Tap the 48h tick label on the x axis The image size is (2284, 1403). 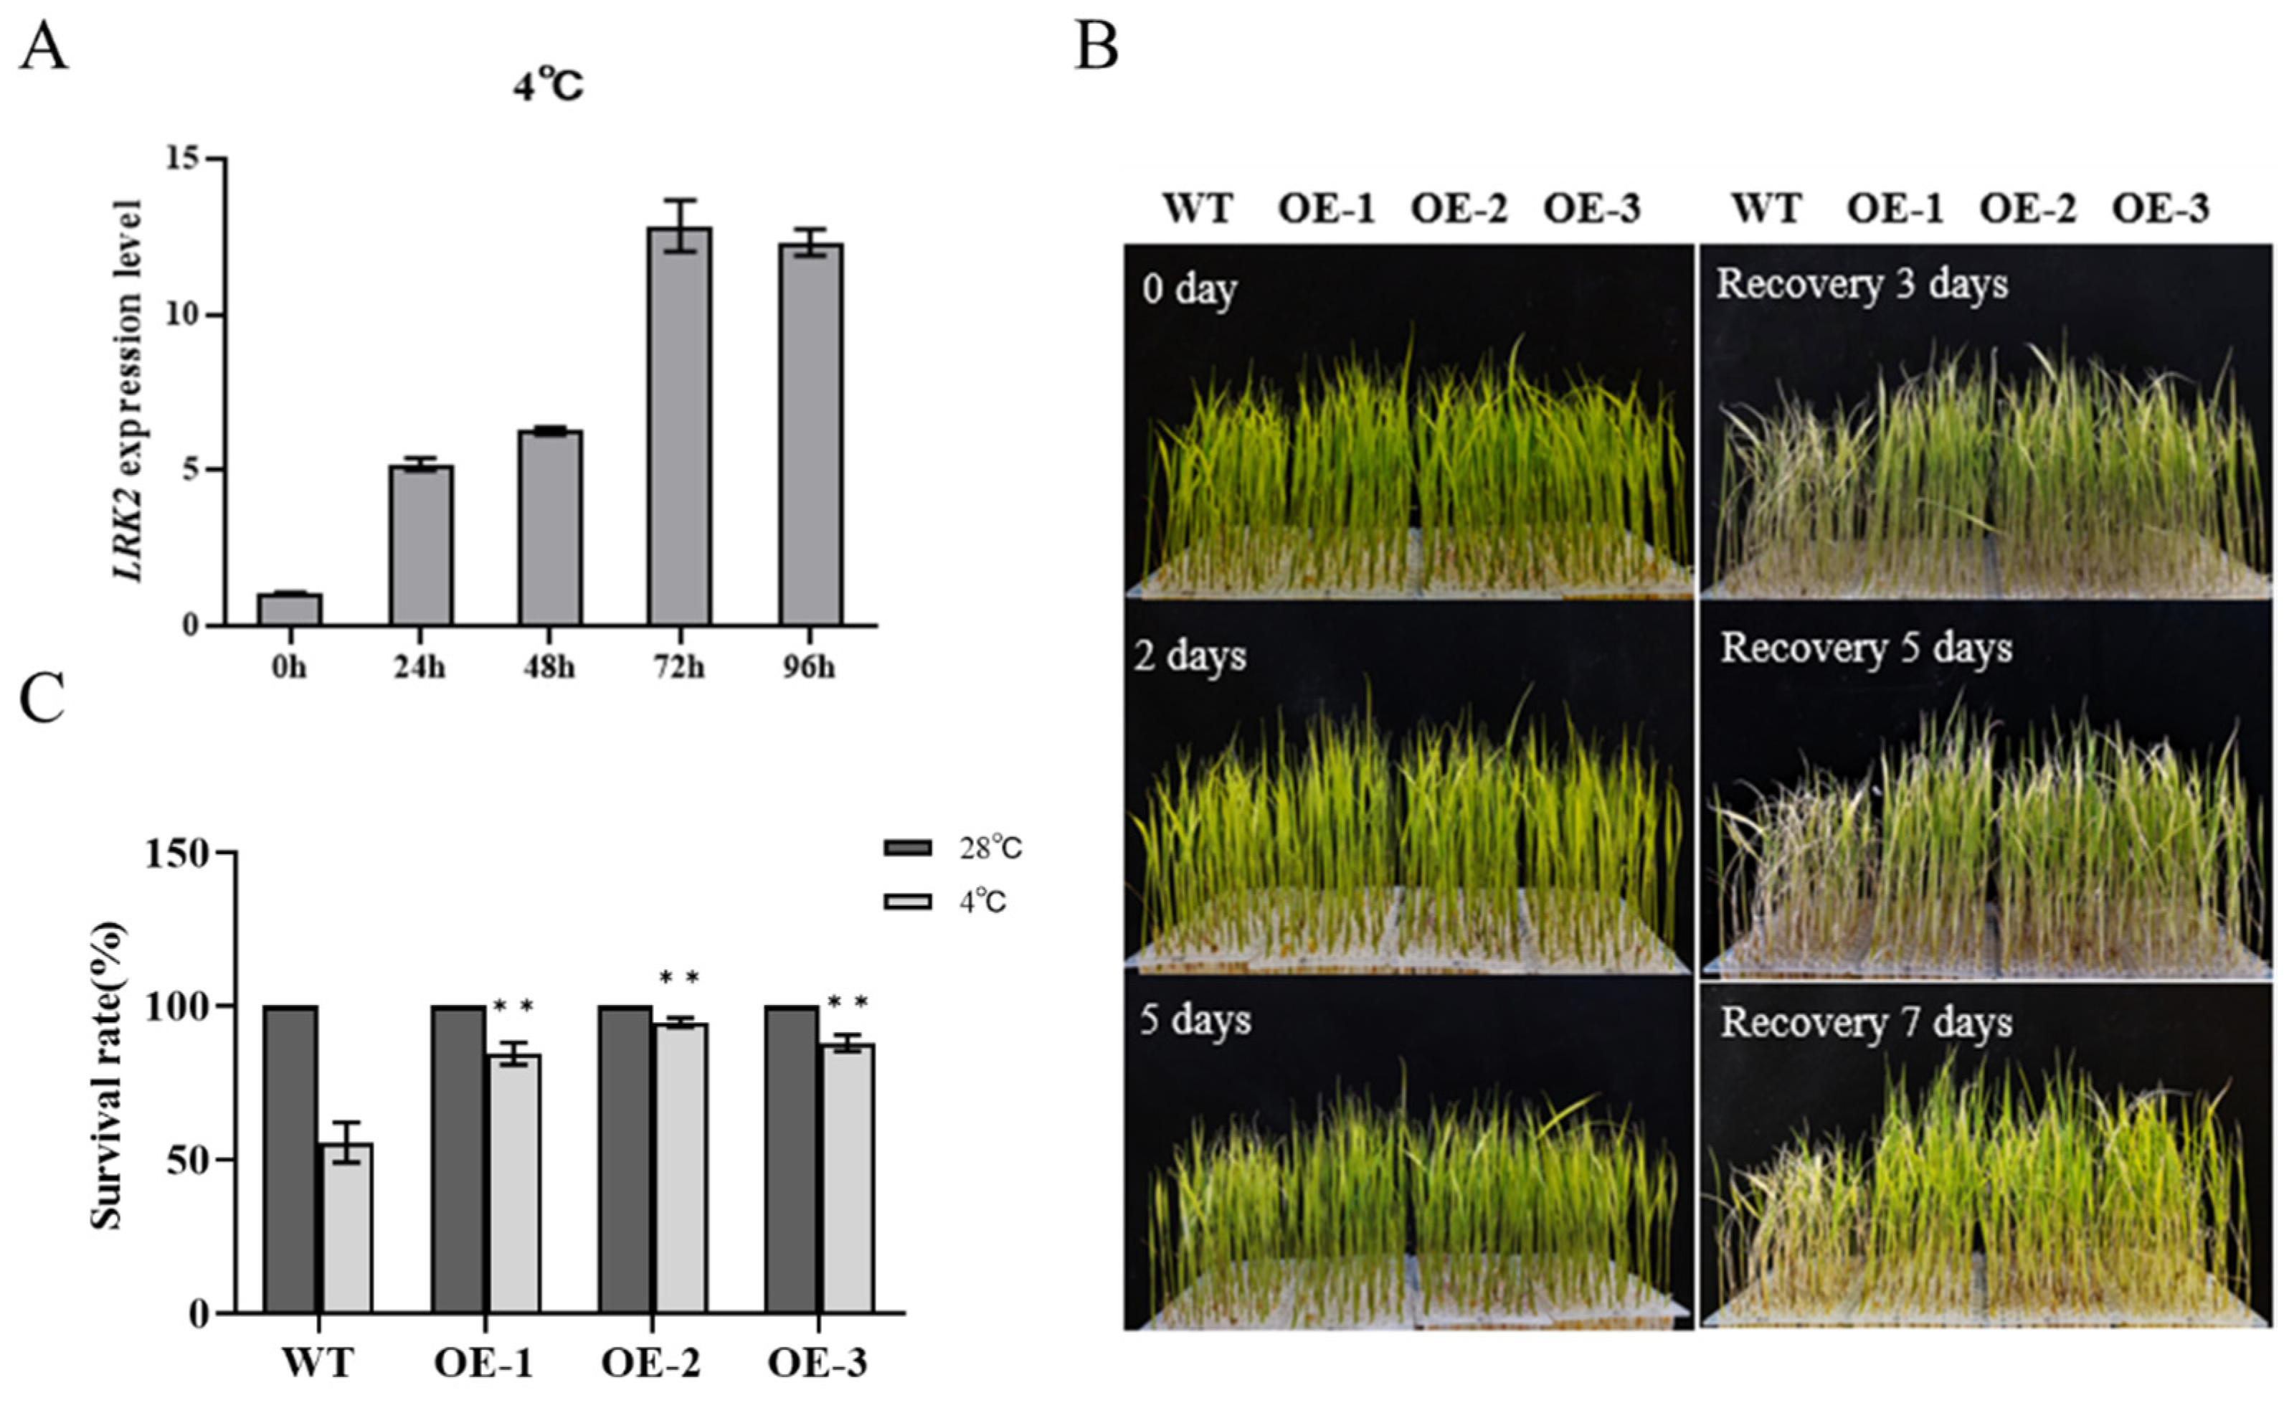549,667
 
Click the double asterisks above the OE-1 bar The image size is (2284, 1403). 513,1006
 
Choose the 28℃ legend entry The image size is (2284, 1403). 954,848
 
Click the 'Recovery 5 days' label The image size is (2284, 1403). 1866,648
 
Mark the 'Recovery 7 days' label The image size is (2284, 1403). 1866,1024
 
